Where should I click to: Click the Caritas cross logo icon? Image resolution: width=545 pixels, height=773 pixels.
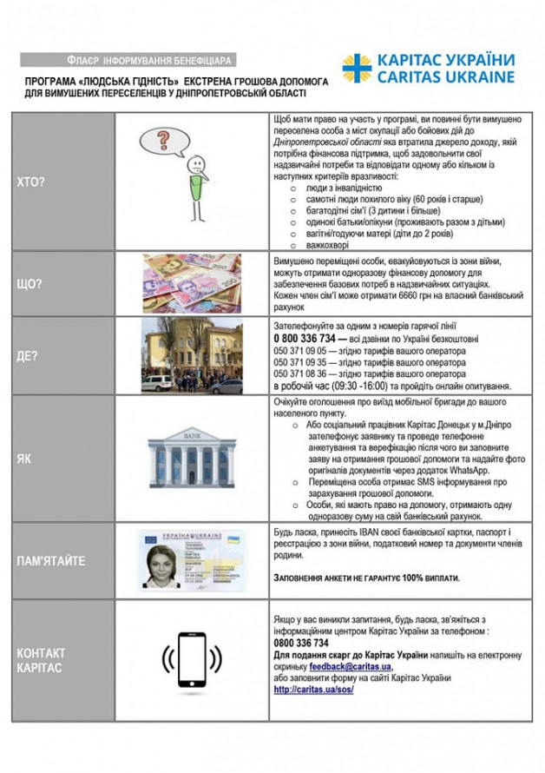356,69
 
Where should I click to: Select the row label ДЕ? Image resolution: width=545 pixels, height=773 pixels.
28,355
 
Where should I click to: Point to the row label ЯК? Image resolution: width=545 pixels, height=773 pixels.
23,459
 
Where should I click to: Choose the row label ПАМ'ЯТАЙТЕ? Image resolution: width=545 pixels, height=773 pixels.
51,560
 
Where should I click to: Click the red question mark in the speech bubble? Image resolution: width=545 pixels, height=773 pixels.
162,139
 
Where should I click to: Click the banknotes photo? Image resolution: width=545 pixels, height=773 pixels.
192,283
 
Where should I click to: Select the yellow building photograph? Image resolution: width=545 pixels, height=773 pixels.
192,355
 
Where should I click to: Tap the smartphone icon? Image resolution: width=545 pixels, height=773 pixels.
192,661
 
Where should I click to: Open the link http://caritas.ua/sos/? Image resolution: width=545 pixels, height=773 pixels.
316,690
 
